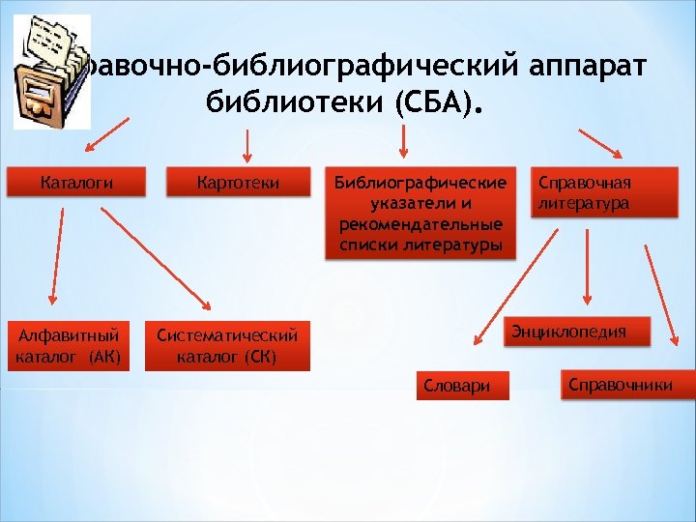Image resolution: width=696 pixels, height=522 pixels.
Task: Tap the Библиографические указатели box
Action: (420, 215)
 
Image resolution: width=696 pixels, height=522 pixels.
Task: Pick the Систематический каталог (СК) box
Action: (227, 346)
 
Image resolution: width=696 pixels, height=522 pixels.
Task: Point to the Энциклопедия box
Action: (581, 332)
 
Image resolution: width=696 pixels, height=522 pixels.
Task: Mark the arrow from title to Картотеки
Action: (245, 144)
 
